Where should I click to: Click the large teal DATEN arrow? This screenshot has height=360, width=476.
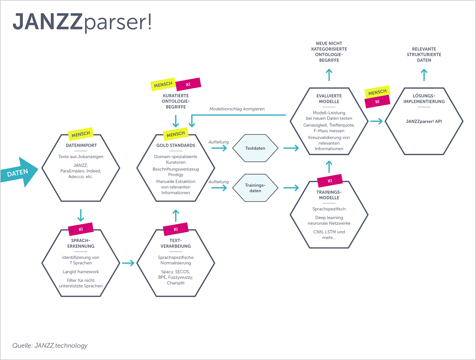(x=19, y=172)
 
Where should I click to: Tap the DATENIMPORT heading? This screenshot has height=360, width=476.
(x=81, y=145)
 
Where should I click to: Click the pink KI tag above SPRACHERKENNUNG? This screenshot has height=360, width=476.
(x=81, y=229)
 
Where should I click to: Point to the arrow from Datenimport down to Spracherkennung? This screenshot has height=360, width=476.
(x=81, y=215)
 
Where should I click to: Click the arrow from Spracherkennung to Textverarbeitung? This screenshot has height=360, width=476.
(x=128, y=263)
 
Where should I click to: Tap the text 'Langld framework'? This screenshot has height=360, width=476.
(x=81, y=271)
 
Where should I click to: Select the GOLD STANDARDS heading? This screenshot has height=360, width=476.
(x=176, y=145)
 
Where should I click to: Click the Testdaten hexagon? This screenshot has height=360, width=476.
(x=255, y=148)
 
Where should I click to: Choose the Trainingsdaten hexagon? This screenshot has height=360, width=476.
(x=255, y=188)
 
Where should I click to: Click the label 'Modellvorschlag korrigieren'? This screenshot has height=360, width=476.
(x=237, y=109)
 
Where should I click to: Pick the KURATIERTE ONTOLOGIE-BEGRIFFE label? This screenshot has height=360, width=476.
(x=176, y=101)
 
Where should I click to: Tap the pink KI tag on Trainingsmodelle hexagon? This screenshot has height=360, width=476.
(x=330, y=181)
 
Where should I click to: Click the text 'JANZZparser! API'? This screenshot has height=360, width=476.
(x=424, y=121)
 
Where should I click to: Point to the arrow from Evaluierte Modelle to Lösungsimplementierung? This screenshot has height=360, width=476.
(x=376, y=121)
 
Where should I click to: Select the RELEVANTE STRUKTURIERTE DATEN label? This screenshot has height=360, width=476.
(x=424, y=55)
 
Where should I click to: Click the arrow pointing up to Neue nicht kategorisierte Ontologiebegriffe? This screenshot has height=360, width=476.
(x=329, y=75)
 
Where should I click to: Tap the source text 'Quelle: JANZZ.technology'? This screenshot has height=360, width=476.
(x=50, y=345)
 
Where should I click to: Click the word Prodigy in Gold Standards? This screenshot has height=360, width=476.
(x=176, y=175)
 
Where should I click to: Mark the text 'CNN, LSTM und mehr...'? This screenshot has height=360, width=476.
(x=329, y=235)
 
